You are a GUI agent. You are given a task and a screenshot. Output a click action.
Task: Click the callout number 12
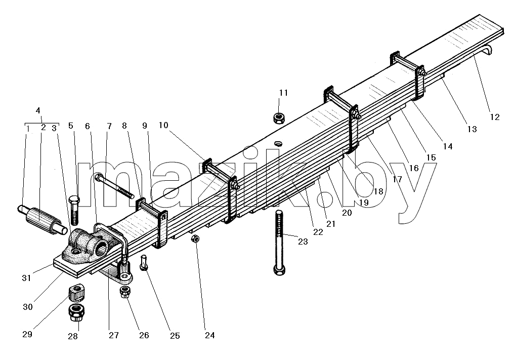pos(495,117)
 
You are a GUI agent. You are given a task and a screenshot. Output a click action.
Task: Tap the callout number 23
pos(303,242)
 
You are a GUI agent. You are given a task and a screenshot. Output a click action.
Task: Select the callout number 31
pos(26,278)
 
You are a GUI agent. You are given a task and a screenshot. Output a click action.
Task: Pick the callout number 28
pos(73,336)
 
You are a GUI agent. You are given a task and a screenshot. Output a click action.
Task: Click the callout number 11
pos(283,93)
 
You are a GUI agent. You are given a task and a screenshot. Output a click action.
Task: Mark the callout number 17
pos(397,179)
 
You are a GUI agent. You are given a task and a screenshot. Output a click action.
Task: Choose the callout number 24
pos(210,335)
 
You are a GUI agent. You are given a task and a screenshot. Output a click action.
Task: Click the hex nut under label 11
pos(278,118)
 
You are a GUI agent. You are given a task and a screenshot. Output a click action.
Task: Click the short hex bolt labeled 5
pos(75,210)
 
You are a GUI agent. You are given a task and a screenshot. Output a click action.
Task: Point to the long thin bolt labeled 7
pos(114,186)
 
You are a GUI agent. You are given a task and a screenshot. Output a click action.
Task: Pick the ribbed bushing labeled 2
pos(41,220)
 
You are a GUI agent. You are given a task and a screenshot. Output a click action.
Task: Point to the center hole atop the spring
pos(278,143)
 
